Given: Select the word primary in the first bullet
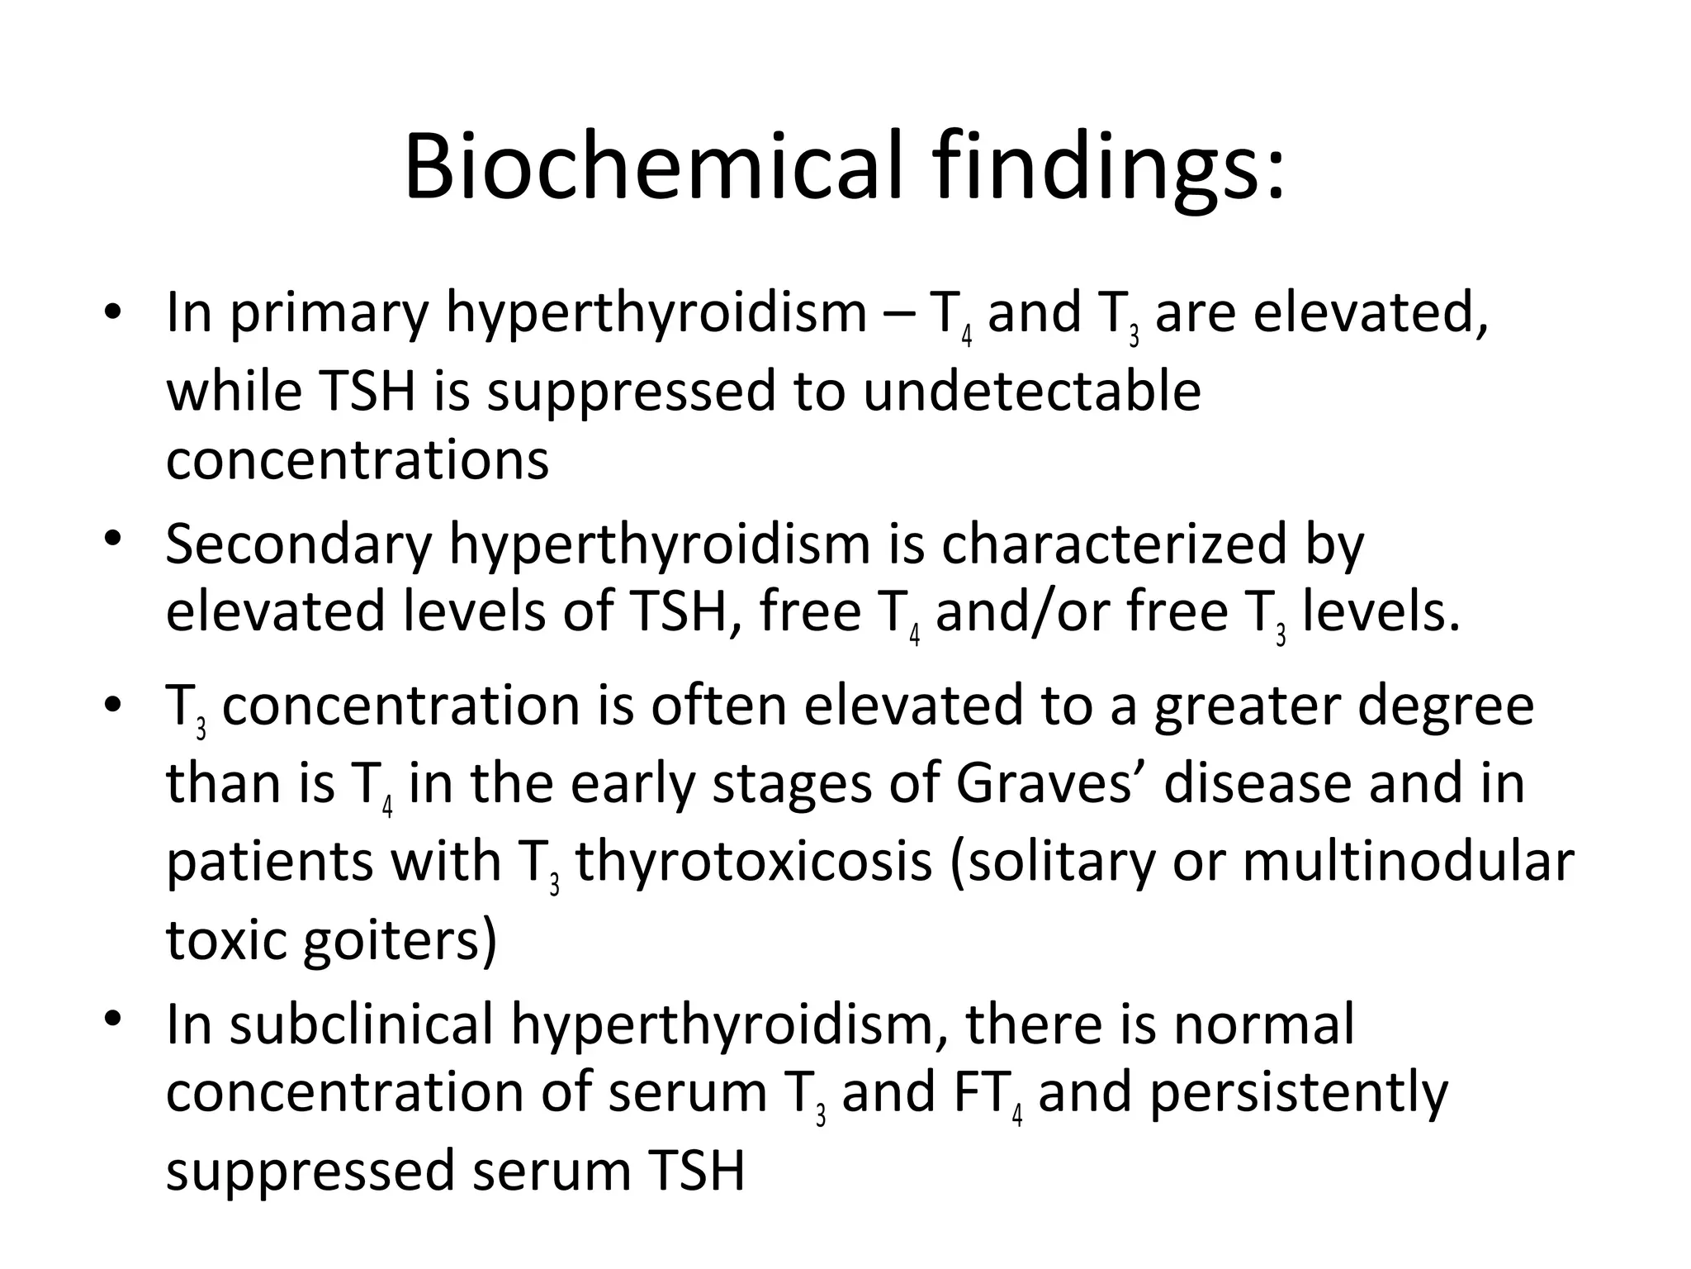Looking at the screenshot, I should (329, 315).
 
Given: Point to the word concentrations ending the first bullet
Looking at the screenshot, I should (358, 459).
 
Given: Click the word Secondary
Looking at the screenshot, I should (299, 545).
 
